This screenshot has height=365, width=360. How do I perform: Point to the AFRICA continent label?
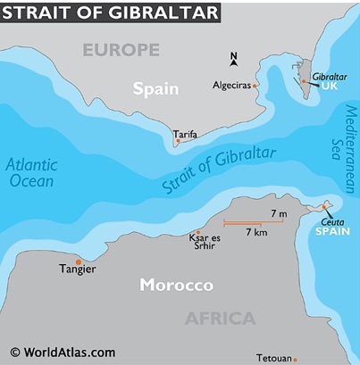[x=220, y=319]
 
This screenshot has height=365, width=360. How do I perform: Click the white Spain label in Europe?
[x=155, y=88]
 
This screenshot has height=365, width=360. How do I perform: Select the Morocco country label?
[x=176, y=286]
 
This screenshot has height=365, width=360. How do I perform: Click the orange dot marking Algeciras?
[x=255, y=86]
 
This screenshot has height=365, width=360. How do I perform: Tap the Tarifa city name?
[x=186, y=134]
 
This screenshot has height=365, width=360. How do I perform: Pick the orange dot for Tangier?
[x=79, y=261]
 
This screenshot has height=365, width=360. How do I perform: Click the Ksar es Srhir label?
[x=203, y=242]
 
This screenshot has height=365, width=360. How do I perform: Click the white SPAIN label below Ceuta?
[x=331, y=231]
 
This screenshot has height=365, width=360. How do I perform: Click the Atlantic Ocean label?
[x=30, y=172]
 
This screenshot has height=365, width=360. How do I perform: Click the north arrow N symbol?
[x=234, y=59]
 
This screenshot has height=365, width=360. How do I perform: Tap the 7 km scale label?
[x=256, y=232]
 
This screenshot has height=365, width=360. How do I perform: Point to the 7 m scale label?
[x=278, y=213]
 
